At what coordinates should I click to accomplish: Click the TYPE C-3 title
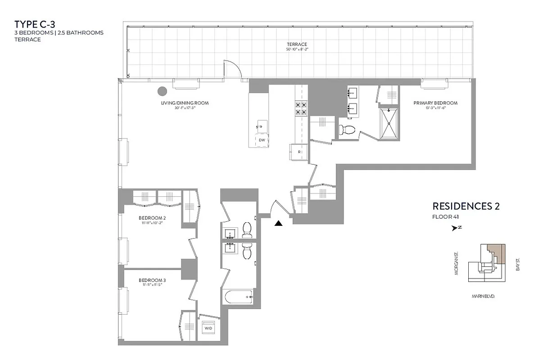click(35, 24)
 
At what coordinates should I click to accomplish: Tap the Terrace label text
click(297, 44)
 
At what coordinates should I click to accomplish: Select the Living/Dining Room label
click(185, 103)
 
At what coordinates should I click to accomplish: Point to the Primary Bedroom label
click(435, 103)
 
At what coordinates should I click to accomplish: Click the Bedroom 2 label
click(150, 219)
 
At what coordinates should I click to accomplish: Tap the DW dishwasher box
click(261, 140)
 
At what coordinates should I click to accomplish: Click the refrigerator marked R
click(299, 152)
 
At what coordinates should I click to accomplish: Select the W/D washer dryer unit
click(208, 328)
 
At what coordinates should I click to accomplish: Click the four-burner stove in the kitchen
click(301, 108)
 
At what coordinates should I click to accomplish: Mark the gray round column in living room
click(162, 91)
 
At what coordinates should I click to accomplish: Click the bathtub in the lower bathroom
click(238, 297)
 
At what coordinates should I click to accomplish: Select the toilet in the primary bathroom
click(347, 130)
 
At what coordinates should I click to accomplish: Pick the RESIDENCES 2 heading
click(466, 207)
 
